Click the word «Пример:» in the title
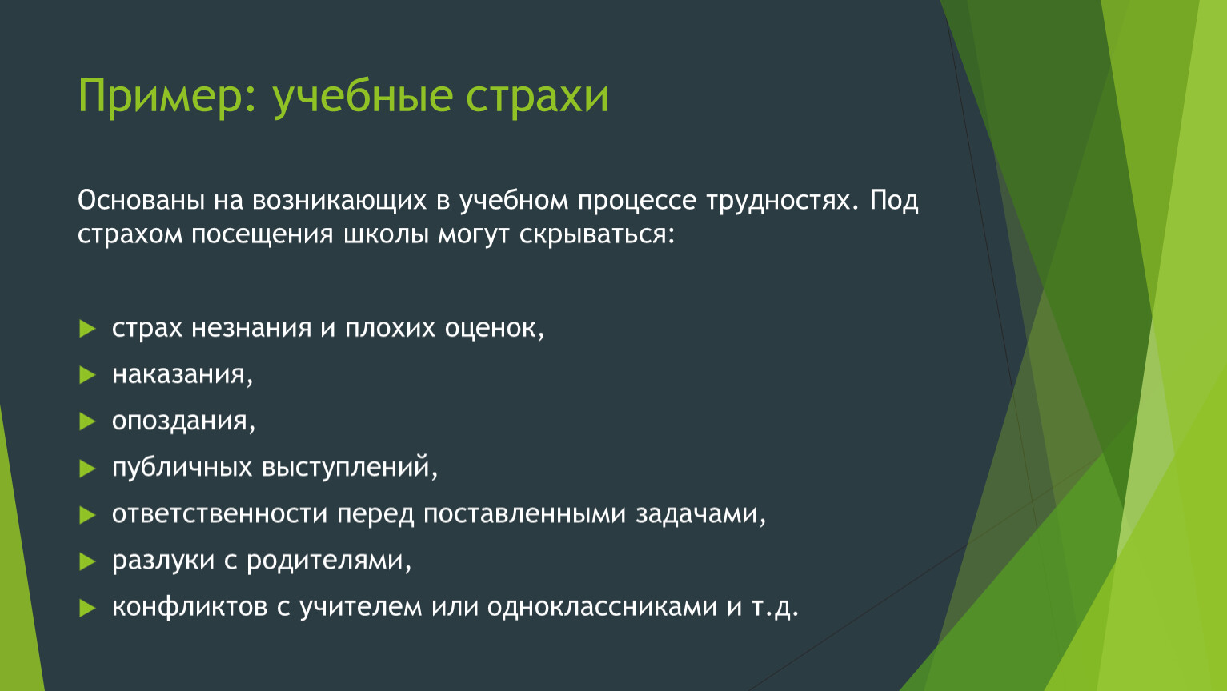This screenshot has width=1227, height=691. point(167,96)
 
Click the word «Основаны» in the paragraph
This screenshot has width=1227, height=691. point(141,200)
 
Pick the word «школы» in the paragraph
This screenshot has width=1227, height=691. point(386,234)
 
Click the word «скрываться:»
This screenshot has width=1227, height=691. point(597,235)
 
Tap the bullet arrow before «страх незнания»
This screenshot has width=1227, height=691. point(87,329)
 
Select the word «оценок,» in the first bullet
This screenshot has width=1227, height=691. point(494,329)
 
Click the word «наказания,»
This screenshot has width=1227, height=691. point(182,375)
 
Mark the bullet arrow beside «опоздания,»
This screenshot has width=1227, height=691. point(87,421)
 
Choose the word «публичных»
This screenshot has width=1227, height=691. point(182,469)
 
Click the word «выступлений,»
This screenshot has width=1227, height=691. point(350,469)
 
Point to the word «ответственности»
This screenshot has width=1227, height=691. point(219,515)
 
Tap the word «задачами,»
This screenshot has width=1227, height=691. point(700,515)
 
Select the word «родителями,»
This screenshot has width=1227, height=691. point(329,561)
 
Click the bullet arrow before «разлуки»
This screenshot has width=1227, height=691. point(87,561)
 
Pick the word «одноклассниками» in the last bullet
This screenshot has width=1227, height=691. point(602,607)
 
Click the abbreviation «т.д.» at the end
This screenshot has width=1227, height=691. point(775,608)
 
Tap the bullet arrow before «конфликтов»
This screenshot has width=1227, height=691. point(87,608)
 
